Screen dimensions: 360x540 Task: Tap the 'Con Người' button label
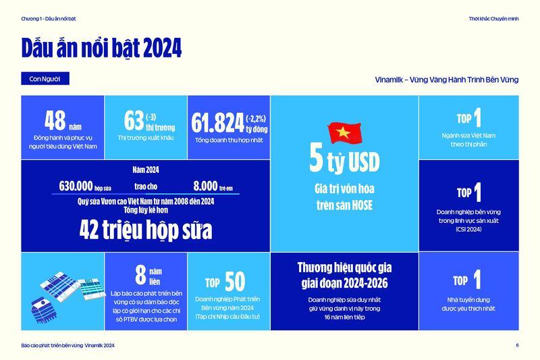(x=45, y=79)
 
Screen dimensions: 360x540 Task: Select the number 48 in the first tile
(x=55, y=120)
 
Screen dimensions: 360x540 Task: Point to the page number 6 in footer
(x=517, y=345)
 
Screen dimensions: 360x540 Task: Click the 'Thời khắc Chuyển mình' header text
(x=493, y=18)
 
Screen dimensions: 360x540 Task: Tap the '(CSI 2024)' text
(x=468, y=229)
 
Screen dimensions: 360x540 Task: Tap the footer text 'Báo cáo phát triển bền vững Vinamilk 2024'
(x=67, y=345)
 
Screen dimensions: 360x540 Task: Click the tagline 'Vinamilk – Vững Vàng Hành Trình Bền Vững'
(x=446, y=80)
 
